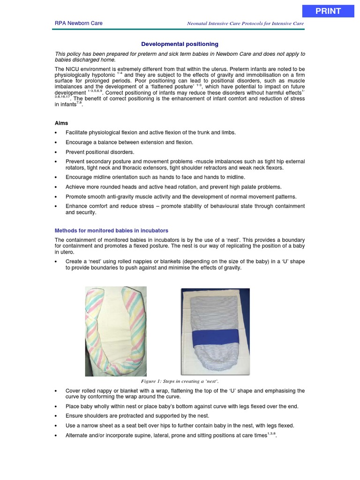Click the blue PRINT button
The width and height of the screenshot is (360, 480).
[x=328, y=11]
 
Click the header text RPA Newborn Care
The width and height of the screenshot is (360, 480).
[x=79, y=23]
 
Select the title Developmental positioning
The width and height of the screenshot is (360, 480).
[x=180, y=44]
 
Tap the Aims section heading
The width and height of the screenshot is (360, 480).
[x=61, y=123]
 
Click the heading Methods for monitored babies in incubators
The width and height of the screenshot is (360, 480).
[x=112, y=231]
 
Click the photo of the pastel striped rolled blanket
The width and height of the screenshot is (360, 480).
[x=115, y=331]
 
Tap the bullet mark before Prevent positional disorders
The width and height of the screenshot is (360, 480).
[x=57, y=152]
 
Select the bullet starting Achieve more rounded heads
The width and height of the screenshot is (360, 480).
[x=173, y=187]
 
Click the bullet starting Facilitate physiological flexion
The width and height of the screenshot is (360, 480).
[x=150, y=133]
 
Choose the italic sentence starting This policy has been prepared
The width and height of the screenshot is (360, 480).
[x=180, y=57]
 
